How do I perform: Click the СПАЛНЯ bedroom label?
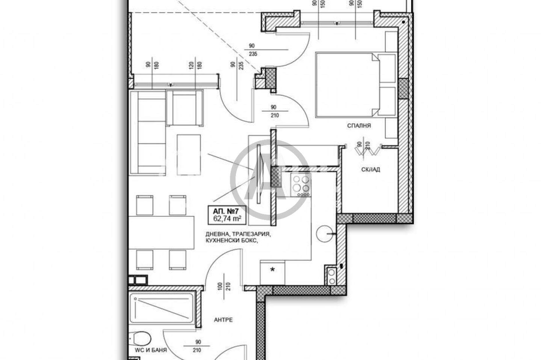359,126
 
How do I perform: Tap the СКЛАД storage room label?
370,170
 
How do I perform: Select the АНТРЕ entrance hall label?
224,320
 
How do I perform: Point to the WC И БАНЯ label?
151,350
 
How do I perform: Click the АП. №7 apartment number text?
225,211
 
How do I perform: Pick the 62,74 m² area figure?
227,218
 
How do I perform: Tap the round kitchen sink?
325,233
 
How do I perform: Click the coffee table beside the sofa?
189,155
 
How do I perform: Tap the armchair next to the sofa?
185,108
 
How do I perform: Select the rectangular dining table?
161,233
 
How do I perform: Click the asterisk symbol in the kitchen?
272,270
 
